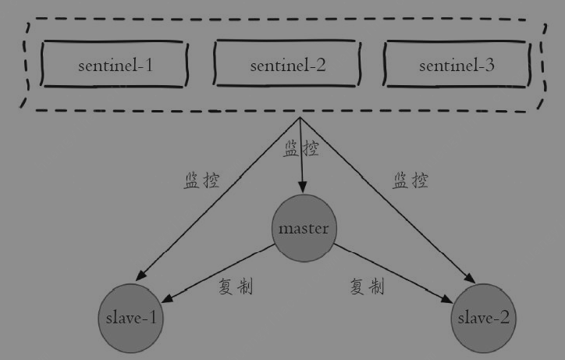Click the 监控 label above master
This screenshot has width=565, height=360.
[301, 148]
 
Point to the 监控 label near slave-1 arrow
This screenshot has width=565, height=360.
[202, 180]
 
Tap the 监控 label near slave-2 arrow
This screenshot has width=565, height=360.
[410, 180]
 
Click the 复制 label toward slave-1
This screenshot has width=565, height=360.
[236, 287]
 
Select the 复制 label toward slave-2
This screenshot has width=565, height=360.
[368, 287]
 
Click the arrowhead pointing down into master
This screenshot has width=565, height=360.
[303, 187]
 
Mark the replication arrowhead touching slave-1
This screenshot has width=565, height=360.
[169, 298]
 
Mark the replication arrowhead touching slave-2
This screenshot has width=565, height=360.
[446, 299]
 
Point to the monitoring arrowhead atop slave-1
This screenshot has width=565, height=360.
[141, 275]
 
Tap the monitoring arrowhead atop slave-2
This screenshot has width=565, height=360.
[470, 277]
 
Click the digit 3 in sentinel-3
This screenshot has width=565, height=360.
[489, 65]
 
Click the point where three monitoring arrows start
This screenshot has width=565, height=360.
[300, 117]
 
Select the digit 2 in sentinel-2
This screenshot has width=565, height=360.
[320, 65]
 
